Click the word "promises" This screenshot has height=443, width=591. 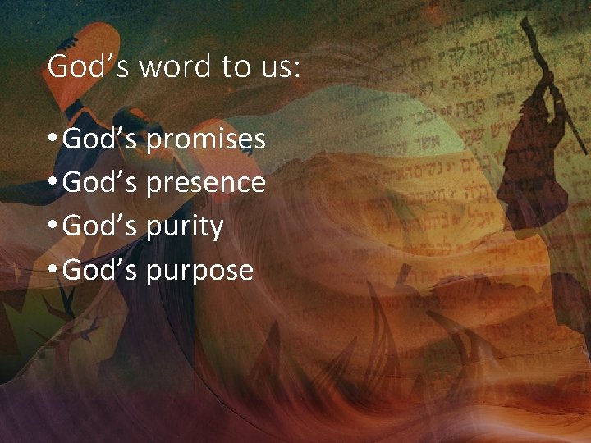click(x=206, y=140)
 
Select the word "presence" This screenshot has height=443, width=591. click(x=206, y=183)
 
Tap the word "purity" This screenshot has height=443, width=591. click(x=185, y=226)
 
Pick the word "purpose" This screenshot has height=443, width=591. click(x=199, y=270)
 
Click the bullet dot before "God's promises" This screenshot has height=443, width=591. click(x=53, y=140)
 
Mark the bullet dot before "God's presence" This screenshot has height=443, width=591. click(x=53, y=183)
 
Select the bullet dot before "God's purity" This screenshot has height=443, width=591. click(x=53, y=226)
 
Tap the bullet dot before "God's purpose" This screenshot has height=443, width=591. click(x=53, y=269)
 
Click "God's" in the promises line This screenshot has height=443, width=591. click(x=100, y=139)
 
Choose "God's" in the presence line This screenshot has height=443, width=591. click(x=100, y=182)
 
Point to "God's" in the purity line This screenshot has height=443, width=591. click(x=100, y=226)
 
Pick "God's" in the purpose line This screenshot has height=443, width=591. click(x=100, y=268)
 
